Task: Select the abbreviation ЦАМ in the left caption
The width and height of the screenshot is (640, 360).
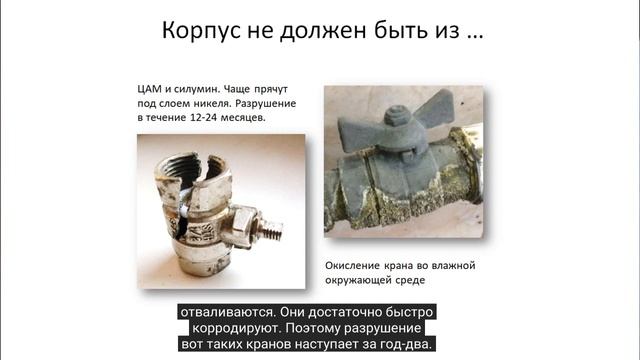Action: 153,85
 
